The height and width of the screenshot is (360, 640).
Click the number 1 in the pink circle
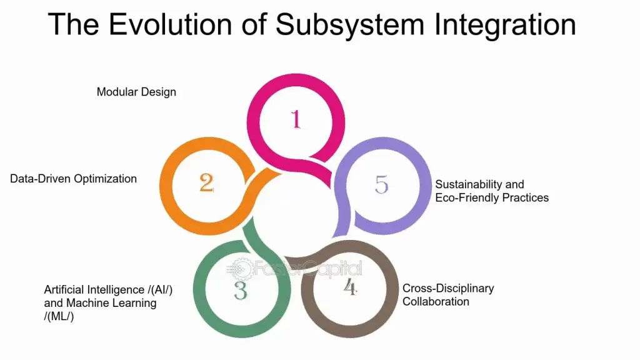pyautogui.click(x=296, y=119)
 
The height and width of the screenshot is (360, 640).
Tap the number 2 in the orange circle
pyautogui.click(x=207, y=182)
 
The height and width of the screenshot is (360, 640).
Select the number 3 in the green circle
pyautogui.click(x=241, y=290)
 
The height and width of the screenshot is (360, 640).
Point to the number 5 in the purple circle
pyautogui.click(x=381, y=184)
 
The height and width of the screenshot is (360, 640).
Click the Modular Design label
pyautogui.click(x=136, y=92)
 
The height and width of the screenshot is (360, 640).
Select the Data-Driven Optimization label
pyautogui.click(x=73, y=179)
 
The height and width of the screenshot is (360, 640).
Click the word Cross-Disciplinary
pyautogui.click(x=448, y=288)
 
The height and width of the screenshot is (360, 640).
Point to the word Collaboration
pyautogui.click(x=436, y=301)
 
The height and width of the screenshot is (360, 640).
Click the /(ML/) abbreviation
pyautogui.click(x=59, y=316)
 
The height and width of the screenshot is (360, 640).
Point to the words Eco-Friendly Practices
pyautogui.click(x=492, y=197)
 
